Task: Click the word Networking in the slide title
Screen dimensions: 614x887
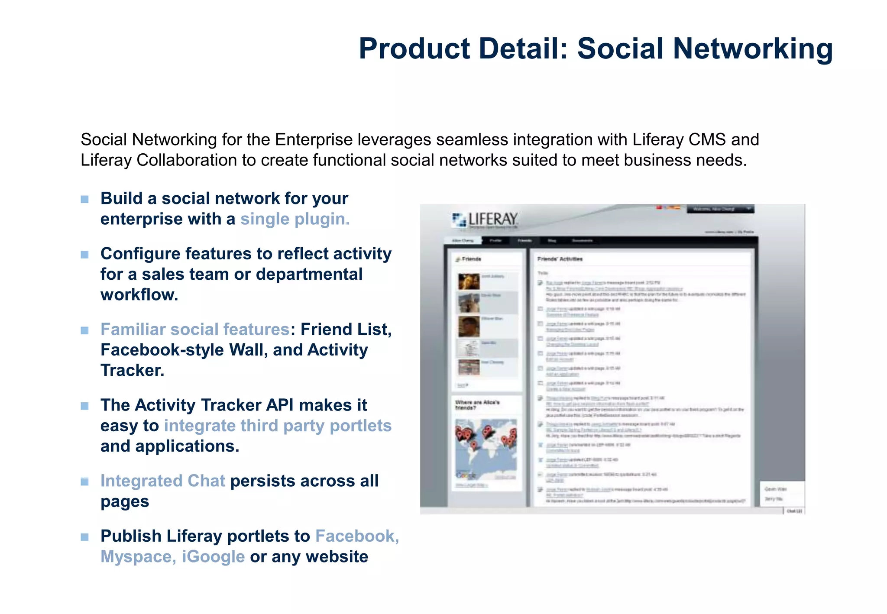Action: [753, 48]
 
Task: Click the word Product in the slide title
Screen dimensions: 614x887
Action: [414, 48]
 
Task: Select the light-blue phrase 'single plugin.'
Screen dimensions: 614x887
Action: [295, 219]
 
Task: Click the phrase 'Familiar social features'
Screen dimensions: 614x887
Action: [195, 330]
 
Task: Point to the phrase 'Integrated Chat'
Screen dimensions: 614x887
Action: [163, 481]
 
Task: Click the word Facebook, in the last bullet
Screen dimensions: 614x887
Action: [357, 536]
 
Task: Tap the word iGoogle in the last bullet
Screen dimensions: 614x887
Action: [213, 557]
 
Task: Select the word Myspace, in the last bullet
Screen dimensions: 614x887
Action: [138, 557]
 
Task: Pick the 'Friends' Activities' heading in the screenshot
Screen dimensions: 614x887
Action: [560, 259]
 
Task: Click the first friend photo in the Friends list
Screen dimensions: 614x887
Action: [469, 281]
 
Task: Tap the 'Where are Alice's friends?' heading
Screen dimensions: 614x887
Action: [477, 405]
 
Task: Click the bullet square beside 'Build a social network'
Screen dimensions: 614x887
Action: [84, 199]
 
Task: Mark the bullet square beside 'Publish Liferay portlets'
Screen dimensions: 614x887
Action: [84, 537]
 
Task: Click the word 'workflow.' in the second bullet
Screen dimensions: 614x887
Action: [139, 295]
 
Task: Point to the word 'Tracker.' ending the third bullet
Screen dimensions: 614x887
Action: [132, 371]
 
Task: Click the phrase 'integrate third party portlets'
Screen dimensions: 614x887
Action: [278, 426]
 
